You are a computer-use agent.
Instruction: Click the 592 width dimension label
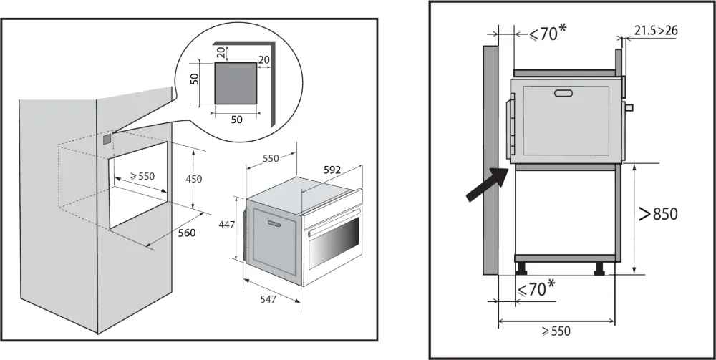tap(332, 170)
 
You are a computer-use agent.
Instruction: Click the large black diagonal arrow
tap(487, 185)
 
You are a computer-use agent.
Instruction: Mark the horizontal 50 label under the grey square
tap(236, 120)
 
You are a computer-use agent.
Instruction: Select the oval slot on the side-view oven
tap(563, 92)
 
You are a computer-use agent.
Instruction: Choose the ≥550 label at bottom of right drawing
tap(556, 331)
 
